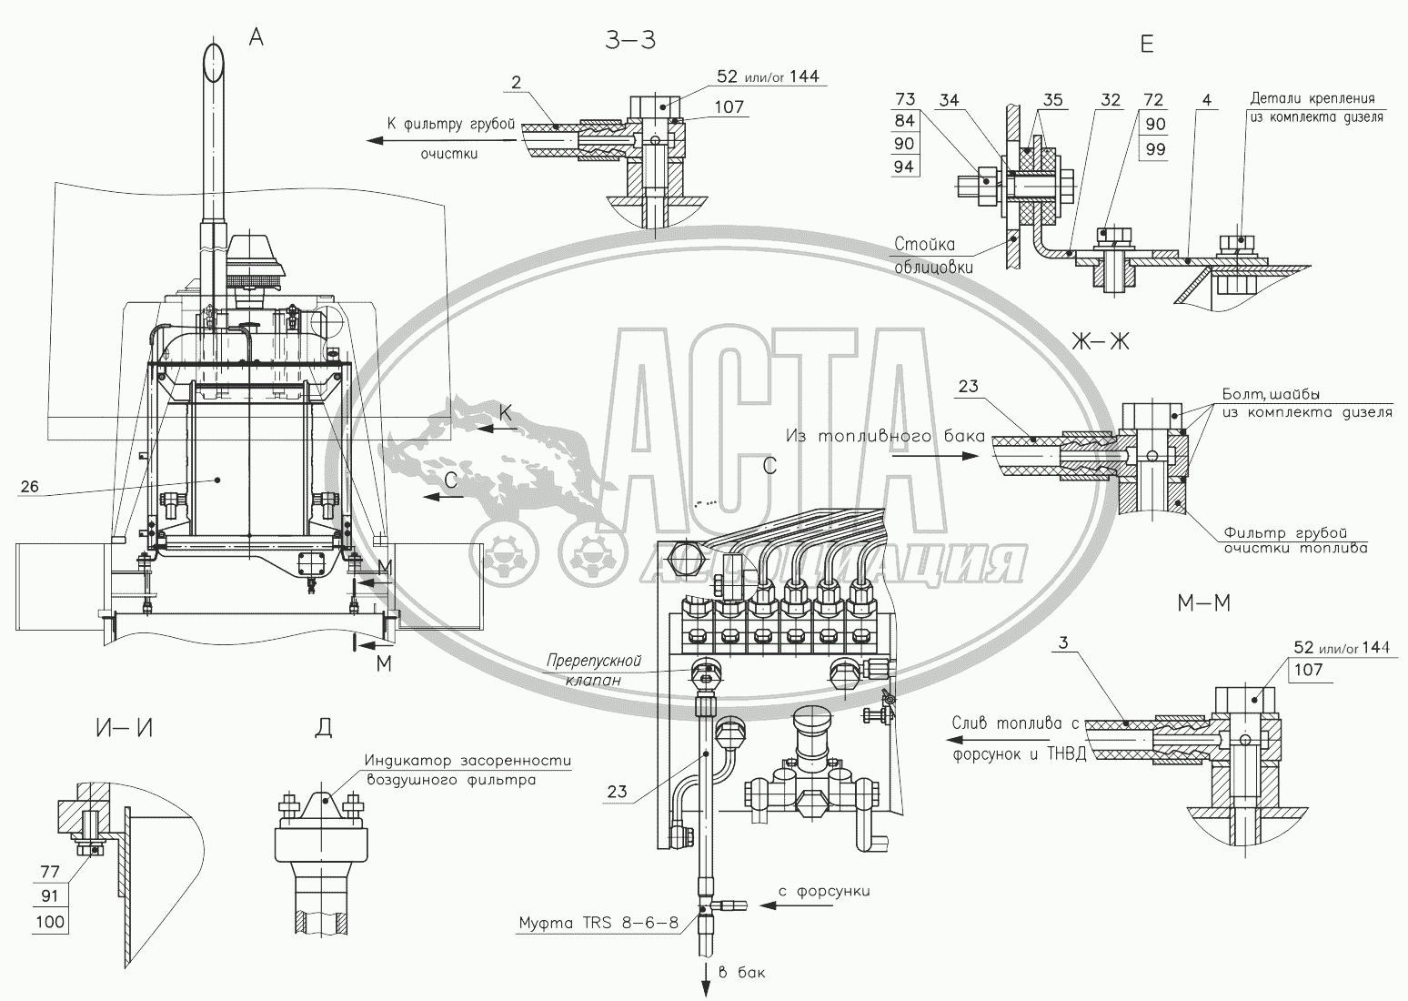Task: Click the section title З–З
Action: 629,42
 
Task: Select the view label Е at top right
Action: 1146,43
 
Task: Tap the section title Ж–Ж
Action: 1100,342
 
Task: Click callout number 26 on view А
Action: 29,487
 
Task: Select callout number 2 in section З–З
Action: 516,84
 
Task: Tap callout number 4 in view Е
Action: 1206,100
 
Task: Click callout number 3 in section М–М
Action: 1064,643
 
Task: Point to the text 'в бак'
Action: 741,973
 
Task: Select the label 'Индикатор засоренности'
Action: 468,761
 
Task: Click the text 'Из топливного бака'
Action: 885,437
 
